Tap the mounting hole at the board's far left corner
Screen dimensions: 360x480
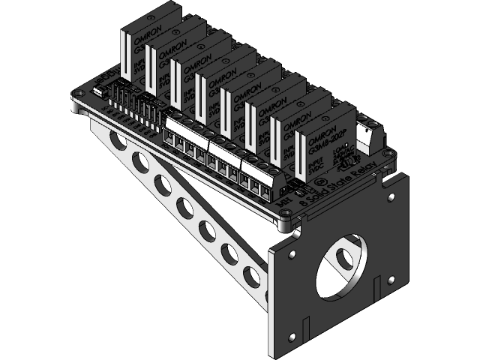pyautogui.click(x=78, y=97)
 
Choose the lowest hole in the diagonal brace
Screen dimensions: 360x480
pyautogui.click(x=253, y=278)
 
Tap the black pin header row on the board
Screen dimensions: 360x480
pyautogui.click(x=131, y=101)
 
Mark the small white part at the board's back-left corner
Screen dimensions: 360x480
pyautogui.click(x=100, y=92)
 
